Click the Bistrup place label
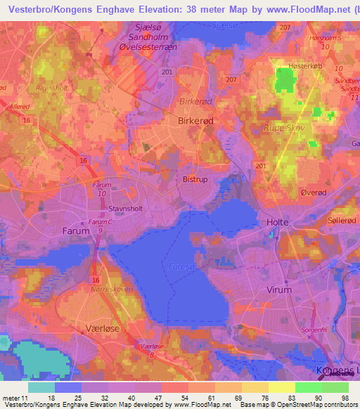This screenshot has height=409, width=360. pyautogui.click(x=195, y=179)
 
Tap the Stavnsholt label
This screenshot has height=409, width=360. pyautogui.click(x=126, y=208)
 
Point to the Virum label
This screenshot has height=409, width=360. pyautogui.click(x=279, y=289)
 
